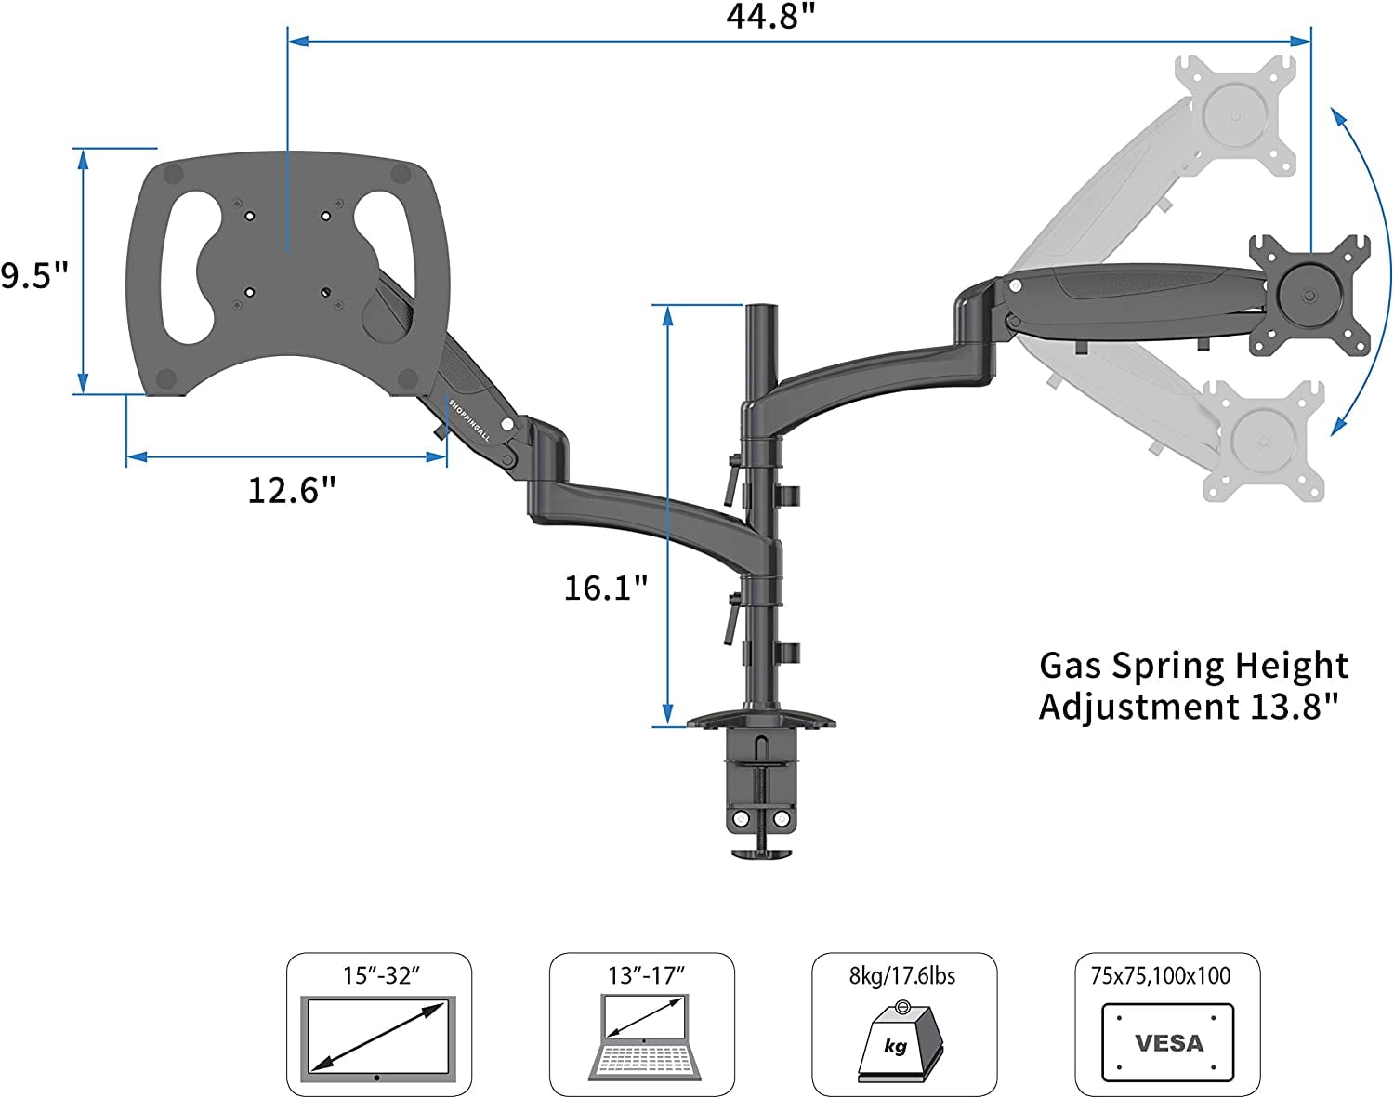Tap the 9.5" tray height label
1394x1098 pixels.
[34, 276]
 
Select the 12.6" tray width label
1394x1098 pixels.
[291, 490]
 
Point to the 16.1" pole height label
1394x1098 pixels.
[605, 588]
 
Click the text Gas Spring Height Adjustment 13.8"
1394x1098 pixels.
[1193, 686]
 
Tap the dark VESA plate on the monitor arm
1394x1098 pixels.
[1309, 296]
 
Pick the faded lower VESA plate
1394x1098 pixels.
[1263, 441]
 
